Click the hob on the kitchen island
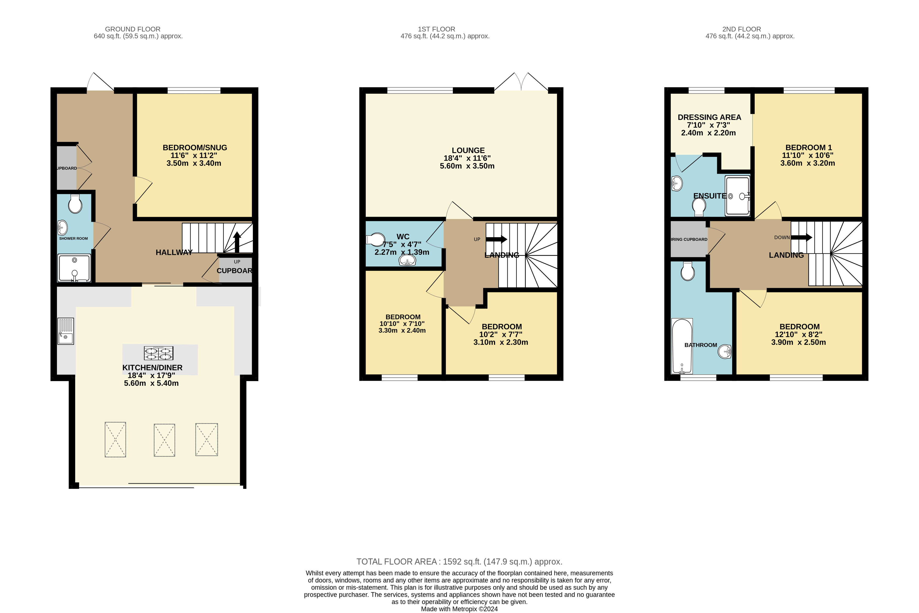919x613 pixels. point(159,353)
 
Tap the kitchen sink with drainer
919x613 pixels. point(66,331)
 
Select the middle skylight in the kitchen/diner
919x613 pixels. point(164,440)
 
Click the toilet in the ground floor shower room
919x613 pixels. point(75,204)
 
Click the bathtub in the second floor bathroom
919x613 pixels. point(682,346)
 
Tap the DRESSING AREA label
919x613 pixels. point(709,117)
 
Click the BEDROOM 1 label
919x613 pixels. point(808,148)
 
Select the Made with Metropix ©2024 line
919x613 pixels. point(459,609)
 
